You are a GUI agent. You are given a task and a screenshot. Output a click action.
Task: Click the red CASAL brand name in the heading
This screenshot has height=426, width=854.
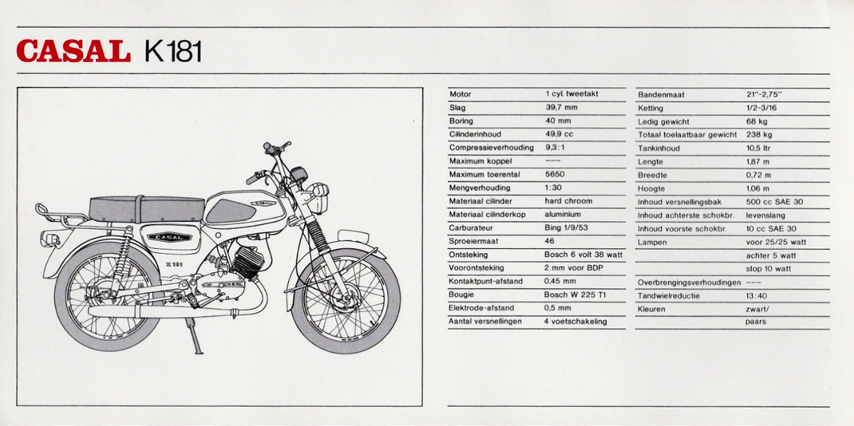pyautogui.click(x=73, y=50)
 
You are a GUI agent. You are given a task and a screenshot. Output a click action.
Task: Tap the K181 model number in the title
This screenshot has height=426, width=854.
pyautogui.click(x=173, y=51)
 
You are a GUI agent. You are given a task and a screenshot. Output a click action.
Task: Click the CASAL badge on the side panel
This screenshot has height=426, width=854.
pyautogui.click(x=169, y=237)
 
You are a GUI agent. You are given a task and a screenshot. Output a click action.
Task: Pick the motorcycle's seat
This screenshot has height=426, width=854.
pyautogui.click(x=147, y=209)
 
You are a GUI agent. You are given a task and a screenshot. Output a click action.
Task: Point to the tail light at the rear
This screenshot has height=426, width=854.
pyautogui.click(x=50, y=238)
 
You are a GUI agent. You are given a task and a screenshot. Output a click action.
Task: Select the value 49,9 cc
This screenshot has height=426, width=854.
pyautogui.click(x=559, y=134)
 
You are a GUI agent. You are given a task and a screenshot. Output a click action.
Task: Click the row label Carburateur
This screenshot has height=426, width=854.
pyautogui.click(x=471, y=228)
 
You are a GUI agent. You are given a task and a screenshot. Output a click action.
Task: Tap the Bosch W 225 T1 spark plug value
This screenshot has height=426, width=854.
pyautogui.click(x=575, y=294)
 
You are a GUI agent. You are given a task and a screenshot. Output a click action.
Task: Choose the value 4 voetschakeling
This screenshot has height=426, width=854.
pyautogui.click(x=575, y=321)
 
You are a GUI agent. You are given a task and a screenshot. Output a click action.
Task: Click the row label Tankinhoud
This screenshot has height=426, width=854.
pyautogui.click(x=659, y=148)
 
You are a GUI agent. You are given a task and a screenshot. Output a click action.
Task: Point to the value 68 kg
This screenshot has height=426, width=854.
pyautogui.click(x=757, y=121)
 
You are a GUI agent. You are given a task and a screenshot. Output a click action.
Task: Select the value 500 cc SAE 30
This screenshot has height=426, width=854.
pyautogui.click(x=774, y=201)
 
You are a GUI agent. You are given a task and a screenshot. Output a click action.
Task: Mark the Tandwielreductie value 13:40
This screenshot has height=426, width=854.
pyautogui.click(x=757, y=296)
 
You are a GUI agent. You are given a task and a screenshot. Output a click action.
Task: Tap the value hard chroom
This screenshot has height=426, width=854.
pyautogui.click(x=569, y=201)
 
